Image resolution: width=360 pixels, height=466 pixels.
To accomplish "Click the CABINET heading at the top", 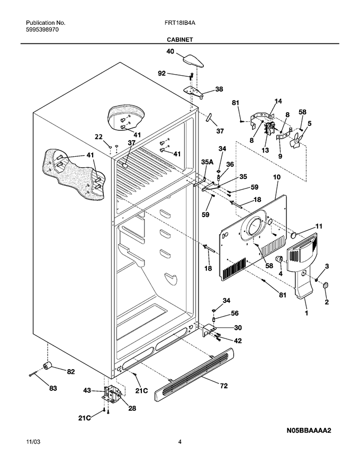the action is click(179, 40).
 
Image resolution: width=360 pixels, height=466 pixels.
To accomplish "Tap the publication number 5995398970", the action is click(42, 30).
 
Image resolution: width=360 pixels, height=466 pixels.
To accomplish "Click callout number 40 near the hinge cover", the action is click(170, 51).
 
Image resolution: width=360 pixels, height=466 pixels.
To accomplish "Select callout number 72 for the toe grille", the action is click(223, 386).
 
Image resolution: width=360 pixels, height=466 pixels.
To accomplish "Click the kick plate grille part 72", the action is click(194, 375).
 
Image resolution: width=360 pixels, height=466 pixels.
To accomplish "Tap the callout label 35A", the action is click(208, 162).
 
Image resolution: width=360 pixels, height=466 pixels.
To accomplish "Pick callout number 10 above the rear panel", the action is click(276, 177).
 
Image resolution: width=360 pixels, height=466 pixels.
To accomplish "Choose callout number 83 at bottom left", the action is click(53, 388).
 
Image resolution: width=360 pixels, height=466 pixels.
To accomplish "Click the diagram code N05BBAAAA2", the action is click(309, 431).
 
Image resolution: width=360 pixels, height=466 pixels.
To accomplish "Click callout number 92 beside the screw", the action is click(161, 74).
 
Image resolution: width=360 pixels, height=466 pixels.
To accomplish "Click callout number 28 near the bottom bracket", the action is click(132, 408).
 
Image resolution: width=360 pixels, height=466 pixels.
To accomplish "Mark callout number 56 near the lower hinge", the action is click(235, 313).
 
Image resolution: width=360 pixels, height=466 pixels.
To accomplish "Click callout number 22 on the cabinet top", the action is click(98, 137).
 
